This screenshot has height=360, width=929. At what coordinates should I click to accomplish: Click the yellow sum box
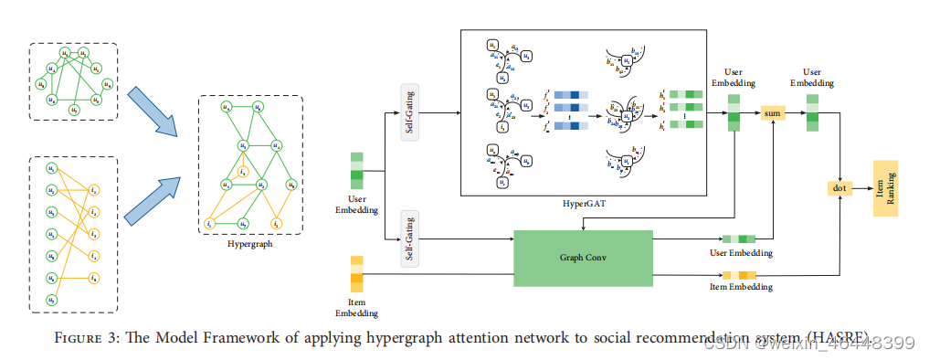(x=773, y=112)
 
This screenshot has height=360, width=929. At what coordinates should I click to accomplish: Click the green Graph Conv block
(x=584, y=258)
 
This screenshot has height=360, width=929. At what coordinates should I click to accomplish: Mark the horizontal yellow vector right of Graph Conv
(x=739, y=274)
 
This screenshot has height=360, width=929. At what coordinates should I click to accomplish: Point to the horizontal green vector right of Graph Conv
(x=740, y=239)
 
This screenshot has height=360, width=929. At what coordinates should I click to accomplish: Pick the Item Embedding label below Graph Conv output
(x=740, y=287)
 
